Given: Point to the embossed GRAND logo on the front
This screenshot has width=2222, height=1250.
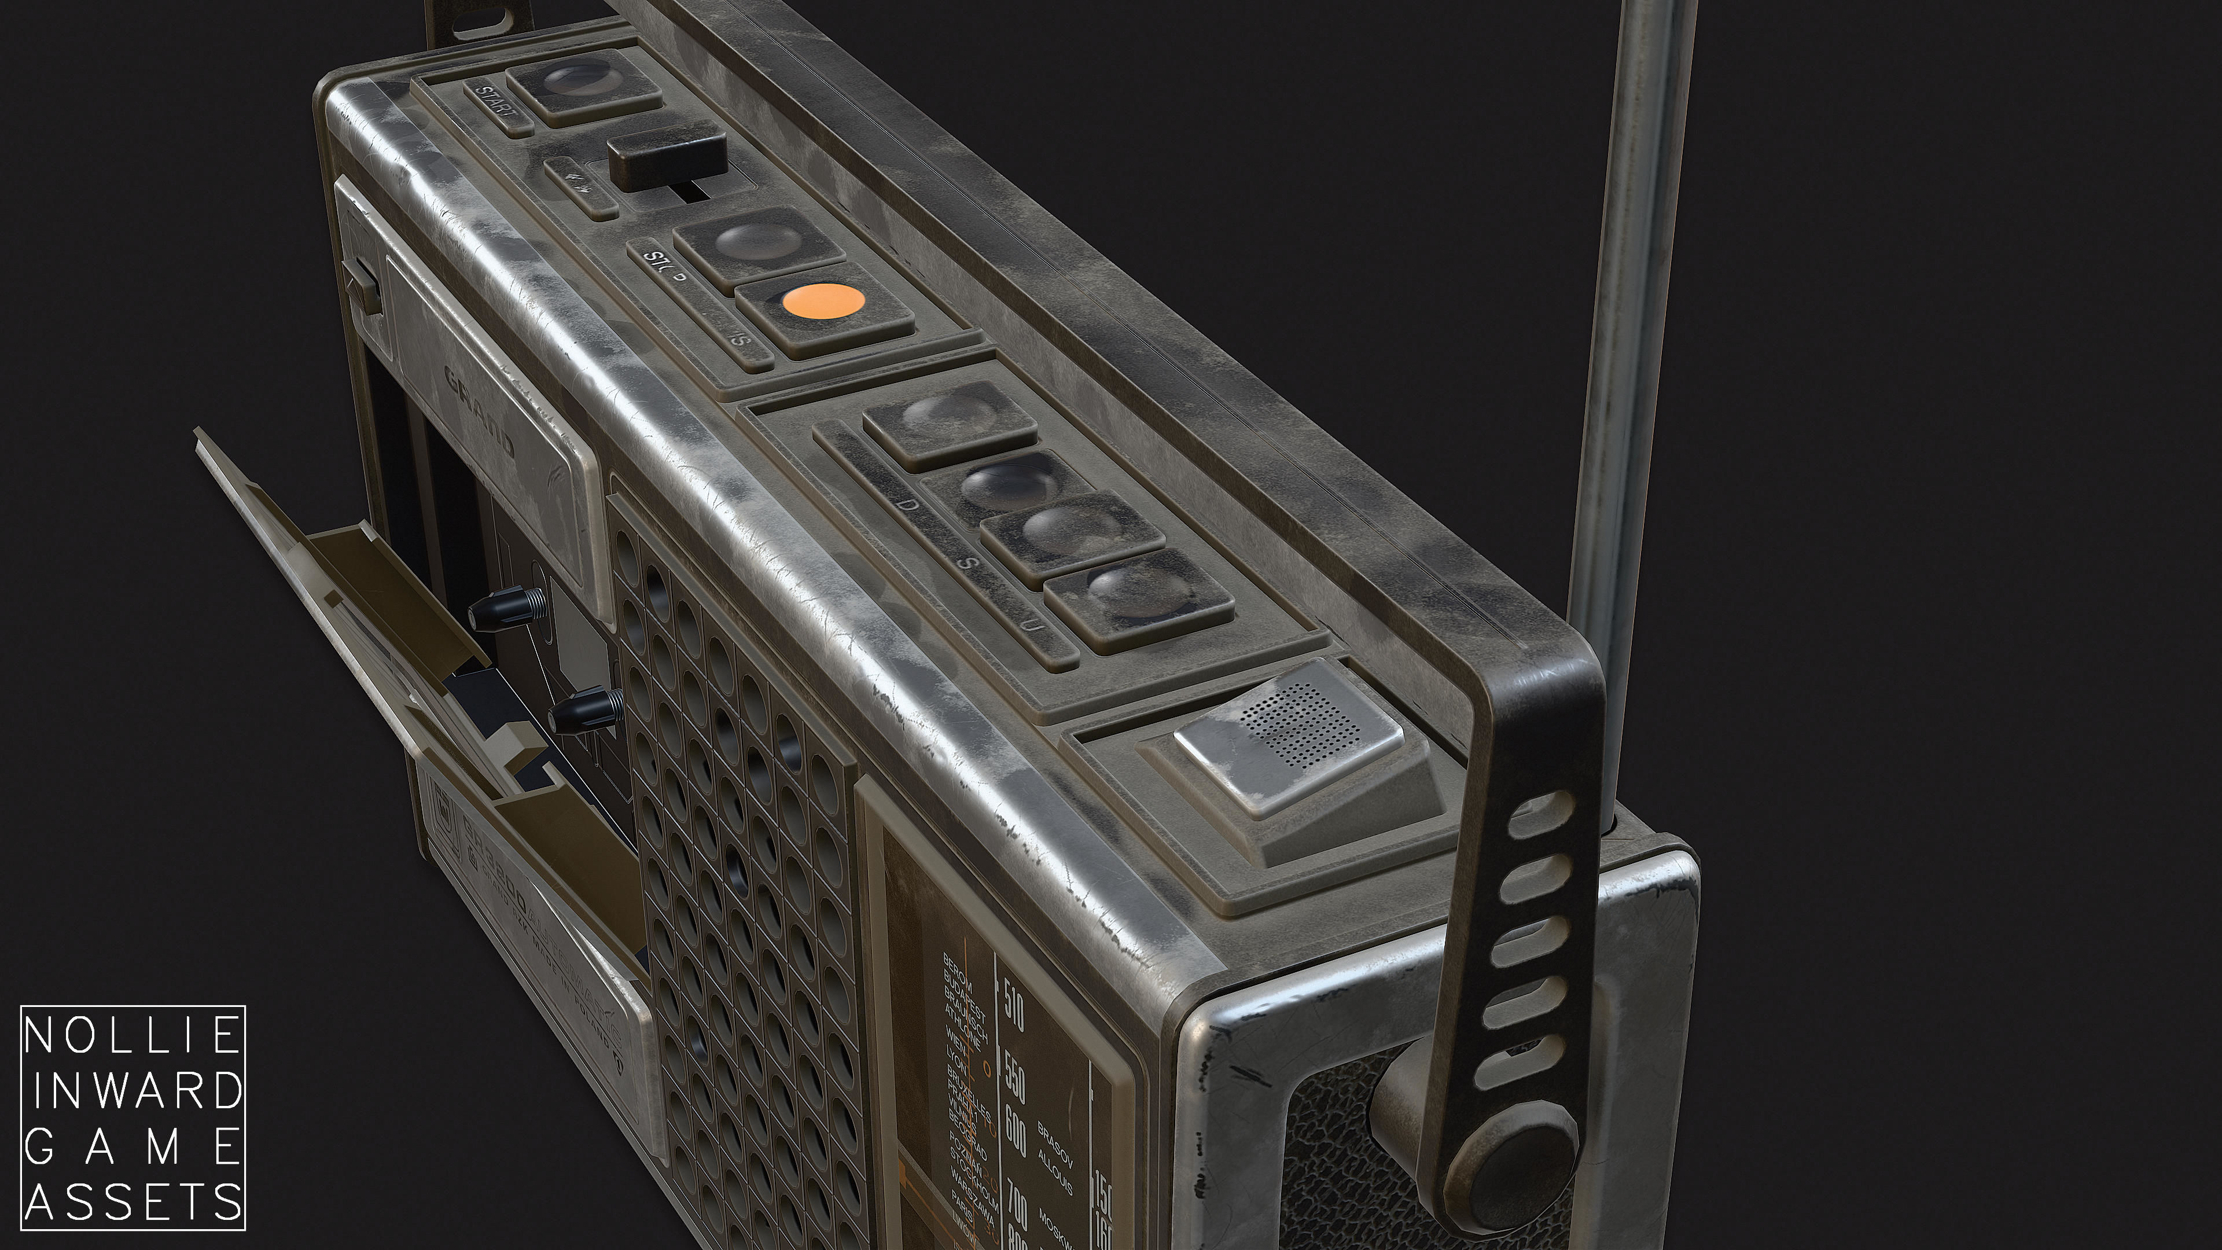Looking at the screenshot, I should (x=480, y=411).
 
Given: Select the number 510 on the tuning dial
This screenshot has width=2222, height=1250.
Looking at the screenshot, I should (x=1014, y=1007).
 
